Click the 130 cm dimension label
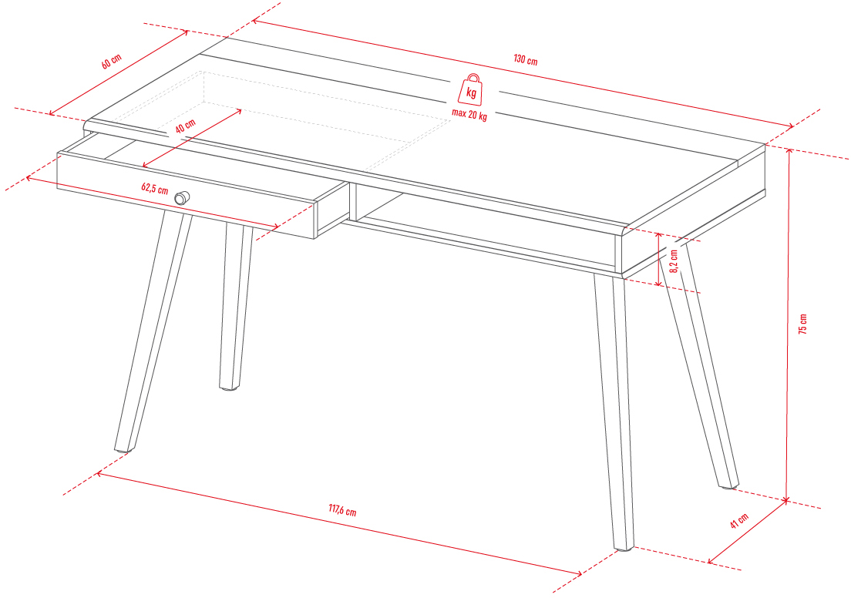tap(526, 59)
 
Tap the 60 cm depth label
tap(112, 62)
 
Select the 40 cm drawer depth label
tap(186, 126)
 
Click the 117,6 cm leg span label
tap(342, 510)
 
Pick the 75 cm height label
tap(803, 324)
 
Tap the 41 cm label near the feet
tap(739, 520)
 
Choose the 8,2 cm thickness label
tap(674, 261)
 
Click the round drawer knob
tap(182, 198)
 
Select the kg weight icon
tap(470, 89)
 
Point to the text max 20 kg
tap(469, 115)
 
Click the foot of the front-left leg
tap(124, 449)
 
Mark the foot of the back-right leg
tap(729, 485)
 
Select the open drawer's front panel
tap(187, 196)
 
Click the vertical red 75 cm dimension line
tap(788, 324)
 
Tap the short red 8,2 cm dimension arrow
tap(659, 259)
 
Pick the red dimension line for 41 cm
tap(748, 532)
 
